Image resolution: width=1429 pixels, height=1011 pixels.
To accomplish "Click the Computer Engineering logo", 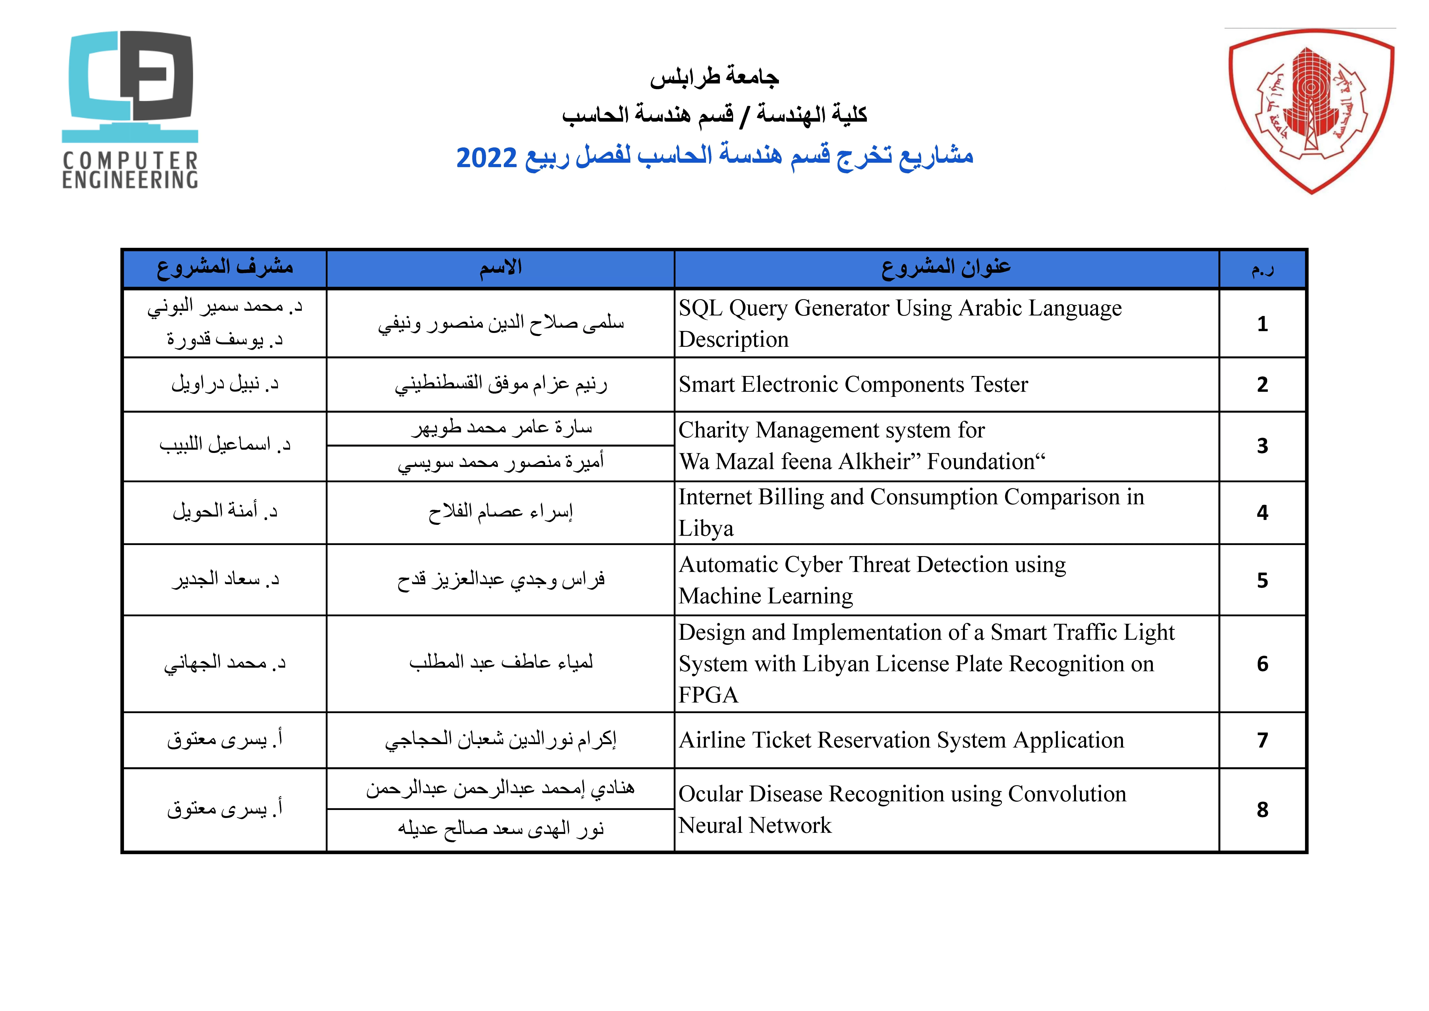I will (130, 110).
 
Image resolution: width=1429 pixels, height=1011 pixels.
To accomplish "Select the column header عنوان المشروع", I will (946, 268).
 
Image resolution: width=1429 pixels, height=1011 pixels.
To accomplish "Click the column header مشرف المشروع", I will (225, 268).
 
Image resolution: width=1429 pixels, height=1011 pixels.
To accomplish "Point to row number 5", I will (1262, 580).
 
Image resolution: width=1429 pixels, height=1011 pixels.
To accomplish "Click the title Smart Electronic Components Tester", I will (853, 385).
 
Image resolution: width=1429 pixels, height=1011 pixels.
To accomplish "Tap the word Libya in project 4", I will (706, 529).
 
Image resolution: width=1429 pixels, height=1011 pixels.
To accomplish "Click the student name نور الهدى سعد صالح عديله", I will (501, 829).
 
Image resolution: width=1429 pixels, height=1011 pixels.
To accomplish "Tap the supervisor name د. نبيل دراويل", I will (225, 384).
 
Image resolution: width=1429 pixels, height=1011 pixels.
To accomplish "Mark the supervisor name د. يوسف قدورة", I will (225, 340).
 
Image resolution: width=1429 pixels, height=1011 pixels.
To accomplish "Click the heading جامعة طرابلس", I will (714, 77).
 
